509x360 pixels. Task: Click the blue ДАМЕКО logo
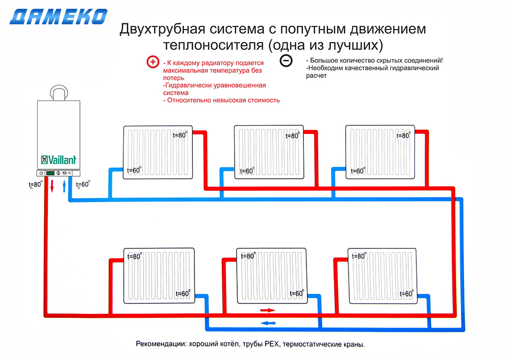59,17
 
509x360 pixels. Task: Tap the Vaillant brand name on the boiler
59,160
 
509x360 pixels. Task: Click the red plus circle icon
153,62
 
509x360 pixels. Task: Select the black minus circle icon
286,61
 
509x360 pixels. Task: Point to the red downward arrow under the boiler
52,186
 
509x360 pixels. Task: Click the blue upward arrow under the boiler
64,186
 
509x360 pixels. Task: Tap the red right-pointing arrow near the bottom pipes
268,310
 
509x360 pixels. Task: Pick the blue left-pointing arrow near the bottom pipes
268,323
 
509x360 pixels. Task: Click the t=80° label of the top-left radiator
180,135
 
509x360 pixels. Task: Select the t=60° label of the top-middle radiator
247,171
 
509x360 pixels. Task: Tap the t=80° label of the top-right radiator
404,135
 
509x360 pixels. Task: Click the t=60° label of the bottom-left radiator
183,293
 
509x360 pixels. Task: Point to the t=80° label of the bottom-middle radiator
248,256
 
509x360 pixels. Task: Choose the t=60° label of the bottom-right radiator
407,294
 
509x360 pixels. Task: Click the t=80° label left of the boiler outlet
36,185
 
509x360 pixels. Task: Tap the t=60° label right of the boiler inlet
83,184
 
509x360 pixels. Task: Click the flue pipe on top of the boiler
59,93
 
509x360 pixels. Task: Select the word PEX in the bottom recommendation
272,344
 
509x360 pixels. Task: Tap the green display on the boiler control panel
50,173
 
